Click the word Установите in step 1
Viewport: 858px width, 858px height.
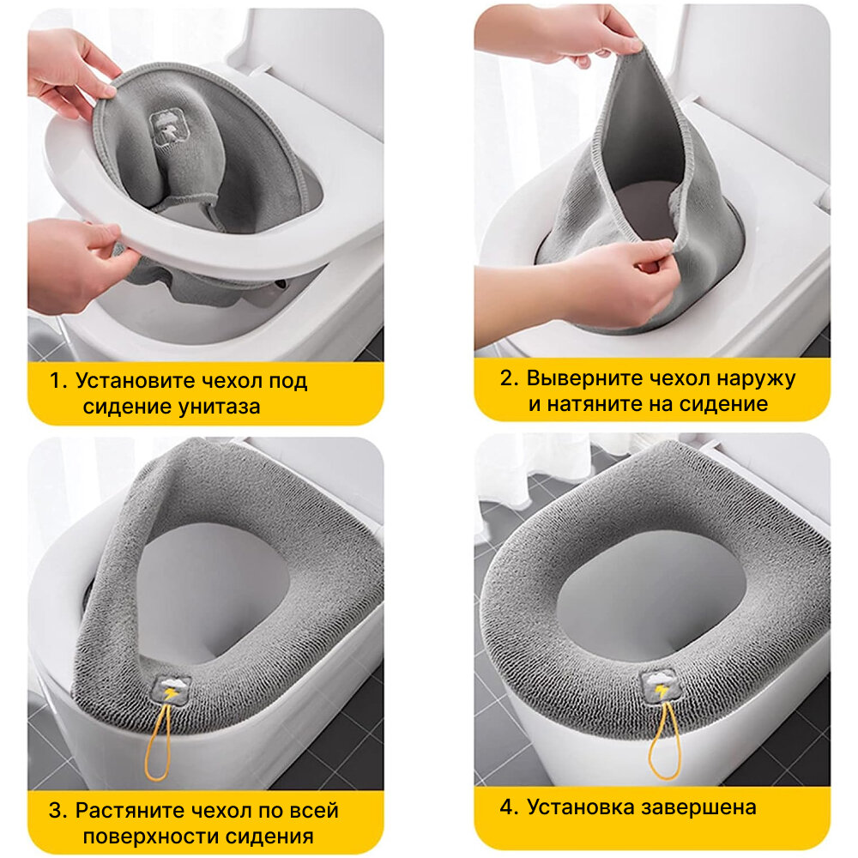point(136,380)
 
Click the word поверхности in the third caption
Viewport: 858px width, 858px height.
point(151,837)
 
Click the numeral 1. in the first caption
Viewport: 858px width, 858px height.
point(58,380)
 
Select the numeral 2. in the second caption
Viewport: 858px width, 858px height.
point(509,378)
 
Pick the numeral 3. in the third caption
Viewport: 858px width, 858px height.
point(58,811)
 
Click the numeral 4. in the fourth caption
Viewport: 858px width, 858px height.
point(509,807)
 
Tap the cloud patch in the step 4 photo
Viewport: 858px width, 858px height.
point(658,684)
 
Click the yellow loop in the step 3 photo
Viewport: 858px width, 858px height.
point(158,740)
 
